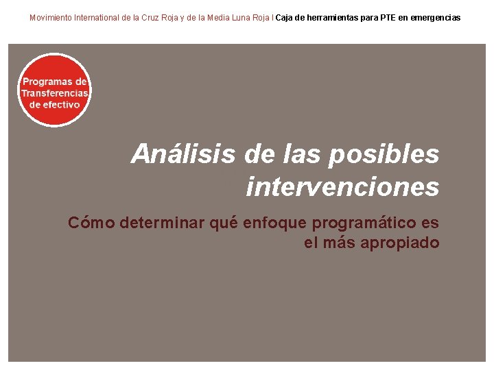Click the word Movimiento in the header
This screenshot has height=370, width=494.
[51, 17]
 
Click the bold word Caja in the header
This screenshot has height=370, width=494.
[285, 17]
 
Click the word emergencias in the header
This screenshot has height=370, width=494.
[439, 17]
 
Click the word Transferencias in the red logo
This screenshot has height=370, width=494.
[55, 93]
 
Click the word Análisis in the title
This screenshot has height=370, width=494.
[184, 154]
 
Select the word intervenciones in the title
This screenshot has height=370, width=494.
[342, 186]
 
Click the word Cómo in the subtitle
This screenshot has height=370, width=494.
[91, 223]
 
